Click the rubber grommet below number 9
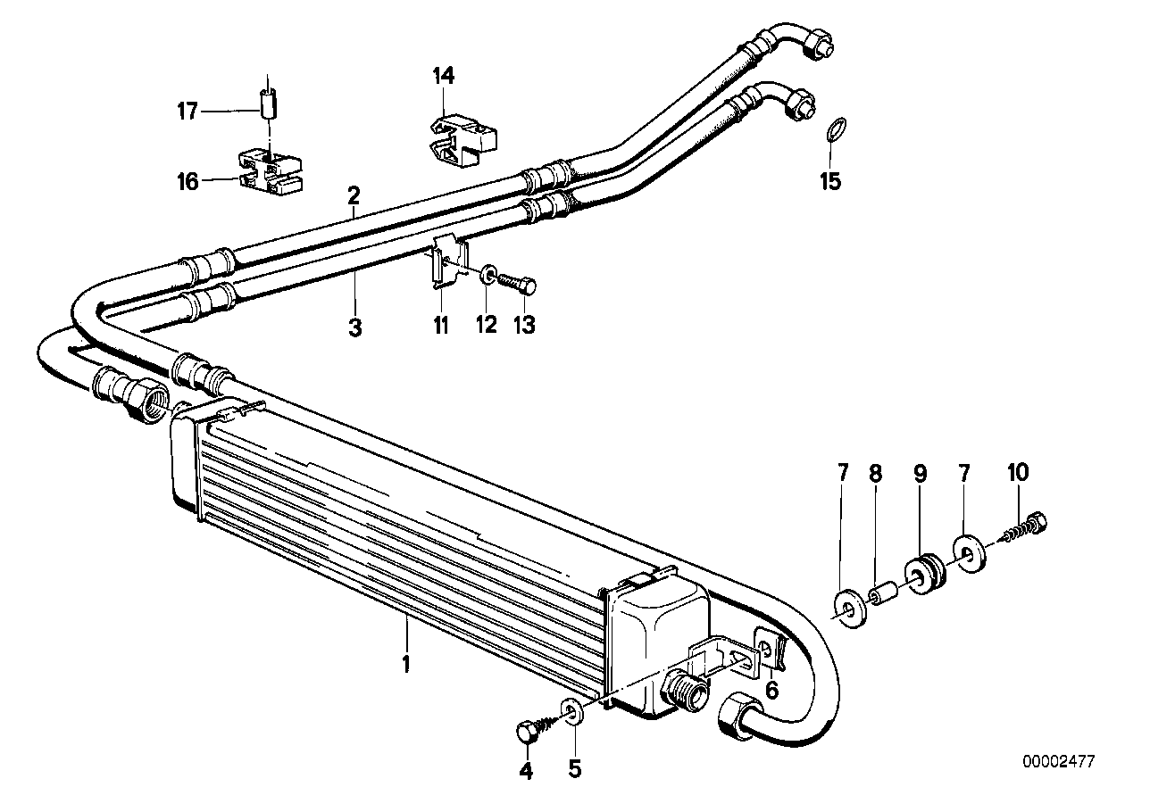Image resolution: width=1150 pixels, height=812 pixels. [x=920, y=571]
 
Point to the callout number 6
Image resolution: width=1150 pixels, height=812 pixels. [x=771, y=689]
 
